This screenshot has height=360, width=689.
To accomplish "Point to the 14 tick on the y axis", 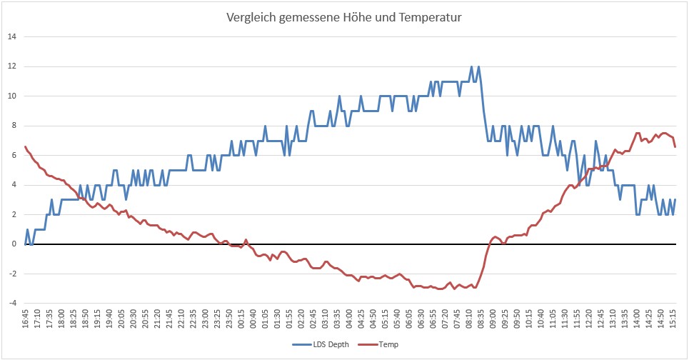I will tap(11, 36).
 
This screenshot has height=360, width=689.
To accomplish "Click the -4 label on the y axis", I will tap(11, 303).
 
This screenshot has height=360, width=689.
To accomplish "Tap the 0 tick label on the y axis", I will tap(13, 244).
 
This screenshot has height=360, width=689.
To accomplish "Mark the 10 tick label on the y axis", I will tap(11, 96).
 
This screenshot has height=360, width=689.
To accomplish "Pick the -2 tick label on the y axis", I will tap(11, 274).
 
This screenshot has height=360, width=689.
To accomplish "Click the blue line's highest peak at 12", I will tap(472, 66).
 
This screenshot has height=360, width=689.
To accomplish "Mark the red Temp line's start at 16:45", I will tap(26, 146).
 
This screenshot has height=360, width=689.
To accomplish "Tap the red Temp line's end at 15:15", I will tap(675, 146).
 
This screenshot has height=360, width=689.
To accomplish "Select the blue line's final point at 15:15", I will tap(675, 199).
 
